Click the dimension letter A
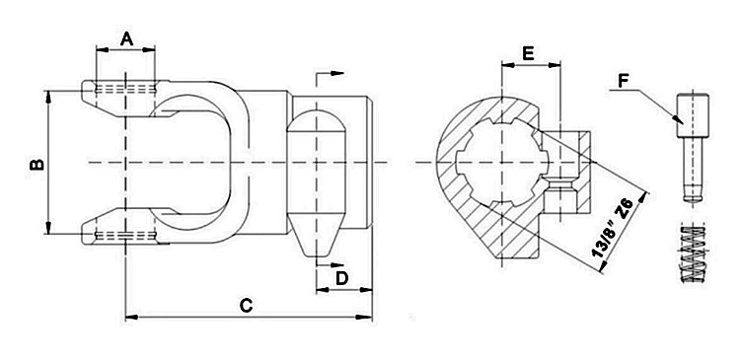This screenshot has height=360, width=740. click(x=126, y=38)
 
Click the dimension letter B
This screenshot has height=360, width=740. click(x=36, y=163)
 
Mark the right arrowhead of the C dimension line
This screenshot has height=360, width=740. click(x=368, y=318)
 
